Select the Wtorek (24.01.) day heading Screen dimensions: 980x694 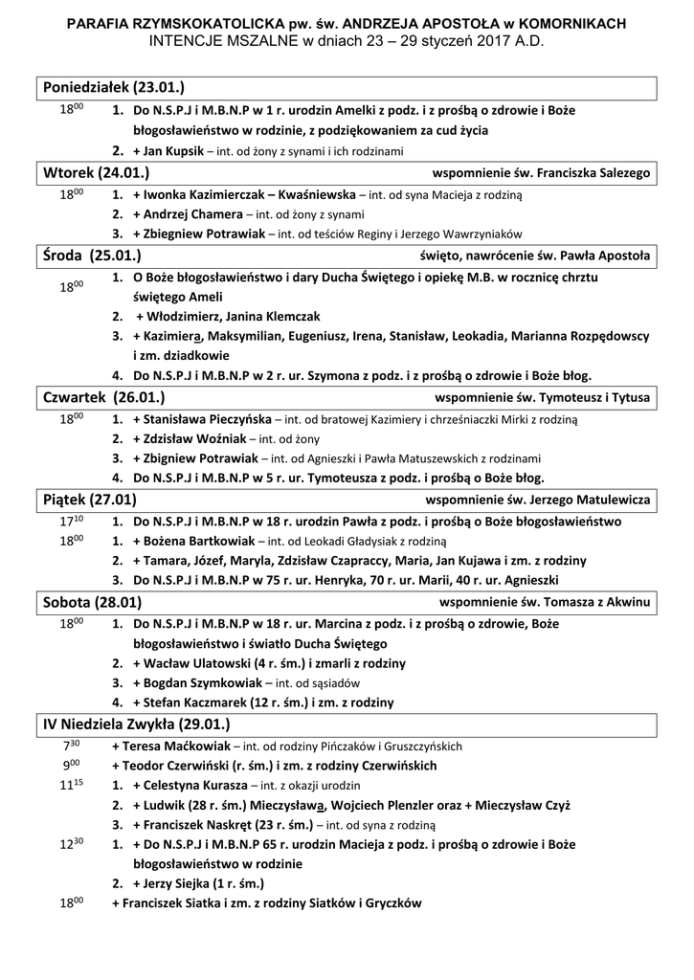(96, 173)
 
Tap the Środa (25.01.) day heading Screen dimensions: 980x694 (92, 256)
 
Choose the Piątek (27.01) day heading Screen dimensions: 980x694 (90, 500)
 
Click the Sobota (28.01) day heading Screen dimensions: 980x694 (93, 602)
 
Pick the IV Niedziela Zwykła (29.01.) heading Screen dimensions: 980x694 (137, 724)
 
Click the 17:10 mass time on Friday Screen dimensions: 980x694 (73, 521)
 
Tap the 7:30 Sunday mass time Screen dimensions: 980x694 (71, 745)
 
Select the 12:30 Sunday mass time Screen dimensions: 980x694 (73, 844)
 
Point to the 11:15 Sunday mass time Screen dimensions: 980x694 (73, 785)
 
